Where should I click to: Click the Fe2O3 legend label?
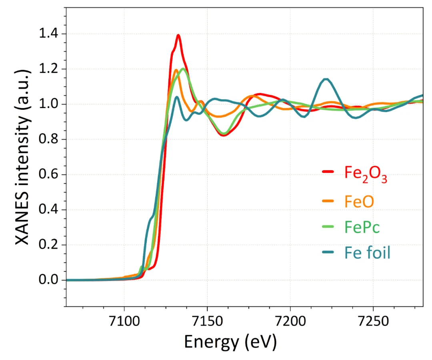point(366,173)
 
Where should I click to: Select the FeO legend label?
point(359,201)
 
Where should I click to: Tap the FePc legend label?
point(362,227)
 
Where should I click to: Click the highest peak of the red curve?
point(178,35)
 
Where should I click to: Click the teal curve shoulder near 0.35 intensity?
point(152,217)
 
